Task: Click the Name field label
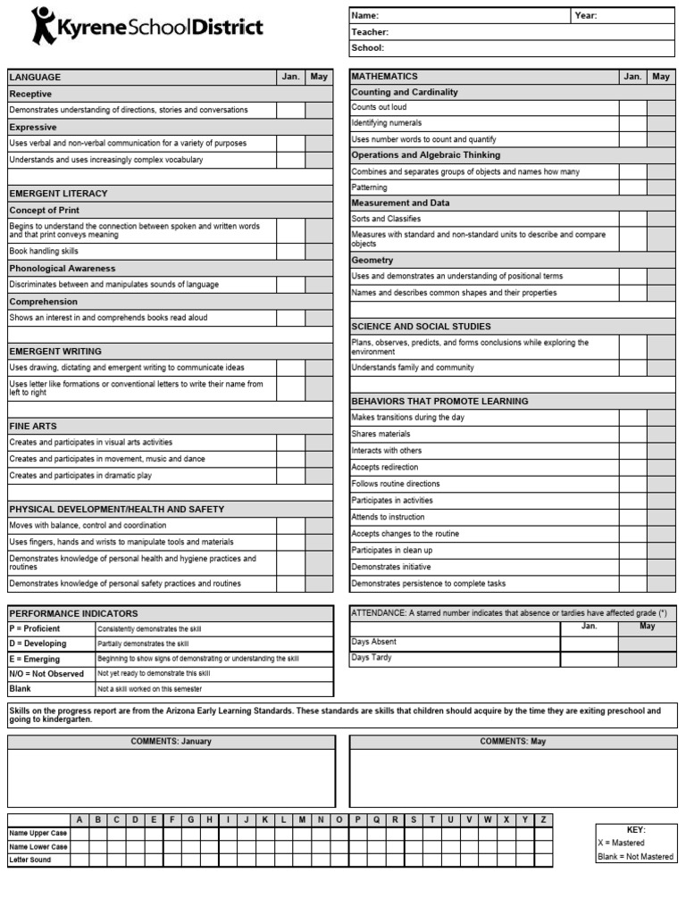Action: [x=365, y=15]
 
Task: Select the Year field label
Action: [x=586, y=15]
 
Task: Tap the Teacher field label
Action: [x=370, y=32]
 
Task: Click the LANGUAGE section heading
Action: [x=36, y=78]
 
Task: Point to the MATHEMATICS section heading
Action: [x=385, y=77]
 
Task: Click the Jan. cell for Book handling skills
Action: [x=290, y=252]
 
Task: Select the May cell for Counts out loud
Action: [x=661, y=107]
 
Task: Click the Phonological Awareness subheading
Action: [x=63, y=268]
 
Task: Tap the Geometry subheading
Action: [x=372, y=260]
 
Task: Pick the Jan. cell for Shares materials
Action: [x=632, y=434]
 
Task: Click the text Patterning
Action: [x=369, y=187]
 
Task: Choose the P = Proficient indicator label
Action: [x=35, y=628]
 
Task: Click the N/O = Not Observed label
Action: [x=46, y=674]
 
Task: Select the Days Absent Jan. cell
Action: [x=589, y=642]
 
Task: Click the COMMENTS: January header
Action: [x=171, y=742]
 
